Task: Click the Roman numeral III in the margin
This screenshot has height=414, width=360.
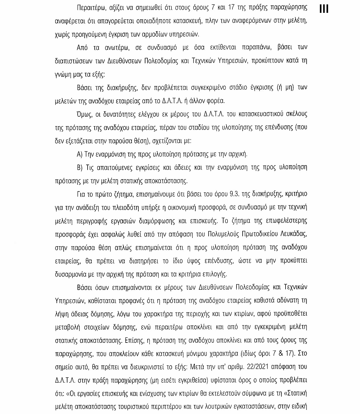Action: (x=324, y=9)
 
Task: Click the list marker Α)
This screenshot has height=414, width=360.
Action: (x=80, y=154)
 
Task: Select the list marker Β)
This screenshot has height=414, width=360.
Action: (x=80, y=167)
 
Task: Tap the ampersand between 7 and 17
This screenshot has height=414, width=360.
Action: (x=281, y=354)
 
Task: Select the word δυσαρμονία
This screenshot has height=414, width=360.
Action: (x=69, y=274)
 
